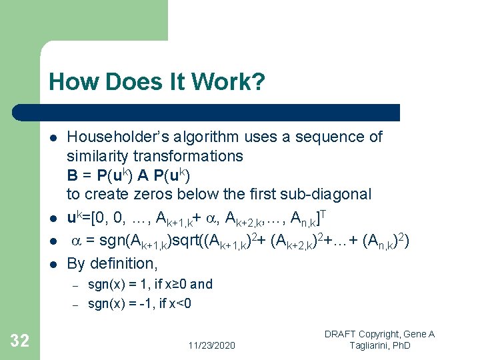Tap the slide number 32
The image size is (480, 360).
(x=20, y=341)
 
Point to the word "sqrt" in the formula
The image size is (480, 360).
(x=205, y=243)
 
